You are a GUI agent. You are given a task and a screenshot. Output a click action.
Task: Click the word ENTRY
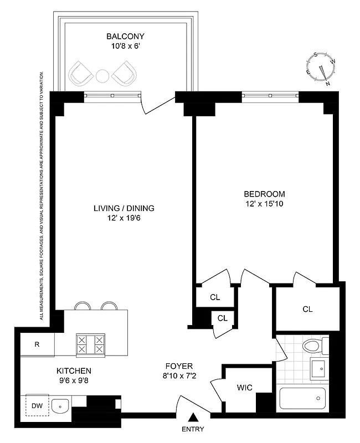(193, 429)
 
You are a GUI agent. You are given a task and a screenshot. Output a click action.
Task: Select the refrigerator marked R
(37, 344)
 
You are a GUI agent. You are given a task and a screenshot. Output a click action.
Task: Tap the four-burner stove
(91, 344)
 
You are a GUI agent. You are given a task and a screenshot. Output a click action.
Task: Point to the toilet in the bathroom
(312, 346)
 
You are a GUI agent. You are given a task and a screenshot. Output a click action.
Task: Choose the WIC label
(244, 388)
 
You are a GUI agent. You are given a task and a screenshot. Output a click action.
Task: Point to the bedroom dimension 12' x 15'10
(264, 204)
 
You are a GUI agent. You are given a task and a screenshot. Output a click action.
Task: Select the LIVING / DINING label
(124, 208)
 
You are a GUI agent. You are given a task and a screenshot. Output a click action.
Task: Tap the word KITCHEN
(73, 370)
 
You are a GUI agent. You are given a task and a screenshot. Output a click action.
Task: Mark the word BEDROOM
(264, 194)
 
